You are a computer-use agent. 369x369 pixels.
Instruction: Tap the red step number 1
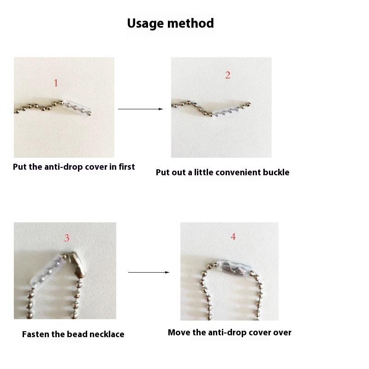click(x=56, y=83)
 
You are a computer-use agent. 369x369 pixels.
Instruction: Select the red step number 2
click(x=227, y=75)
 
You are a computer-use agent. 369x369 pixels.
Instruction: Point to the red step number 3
click(x=67, y=238)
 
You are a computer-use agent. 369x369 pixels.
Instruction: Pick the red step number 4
click(x=233, y=237)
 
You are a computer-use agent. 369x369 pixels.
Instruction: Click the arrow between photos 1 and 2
click(x=141, y=109)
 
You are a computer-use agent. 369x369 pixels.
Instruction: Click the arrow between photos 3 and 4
click(x=149, y=272)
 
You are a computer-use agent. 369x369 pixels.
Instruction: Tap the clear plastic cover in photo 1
click(x=77, y=107)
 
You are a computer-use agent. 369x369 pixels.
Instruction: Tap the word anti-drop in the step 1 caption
click(x=64, y=167)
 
